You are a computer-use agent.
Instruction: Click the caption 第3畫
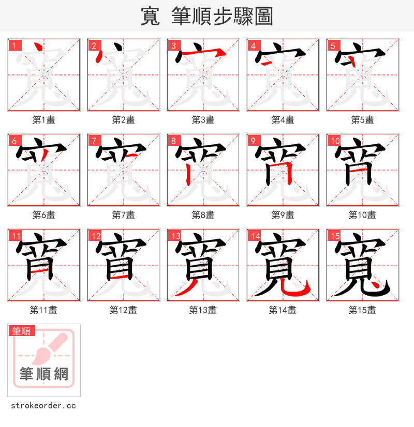[203, 120]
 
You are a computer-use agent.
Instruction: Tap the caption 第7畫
[123, 215]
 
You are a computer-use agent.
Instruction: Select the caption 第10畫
[362, 215]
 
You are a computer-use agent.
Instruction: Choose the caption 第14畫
[283, 310]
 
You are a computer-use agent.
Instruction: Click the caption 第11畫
[43, 310]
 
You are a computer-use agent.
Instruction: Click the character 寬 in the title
[150, 17]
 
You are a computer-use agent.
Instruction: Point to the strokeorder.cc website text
[43, 406]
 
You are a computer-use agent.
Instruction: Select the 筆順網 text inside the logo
[44, 374]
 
